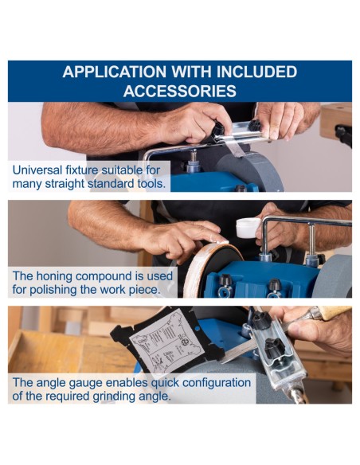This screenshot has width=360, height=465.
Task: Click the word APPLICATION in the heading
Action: coord(115,72)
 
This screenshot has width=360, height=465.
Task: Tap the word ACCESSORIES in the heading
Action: coord(180,91)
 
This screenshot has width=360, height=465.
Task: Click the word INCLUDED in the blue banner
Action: coord(256,72)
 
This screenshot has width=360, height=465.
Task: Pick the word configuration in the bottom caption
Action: coord(217,382)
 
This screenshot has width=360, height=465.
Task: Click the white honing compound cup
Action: coord(248,228)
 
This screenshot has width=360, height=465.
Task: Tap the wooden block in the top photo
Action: coord(336,120)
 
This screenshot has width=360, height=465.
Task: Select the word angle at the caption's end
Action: coord(157,397)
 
